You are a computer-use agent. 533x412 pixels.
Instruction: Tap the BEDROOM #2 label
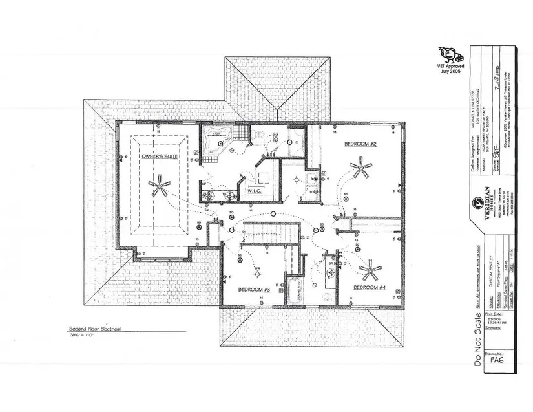[x=360, y=143]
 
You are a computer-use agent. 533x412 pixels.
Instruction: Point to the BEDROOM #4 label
[x=370, y=287]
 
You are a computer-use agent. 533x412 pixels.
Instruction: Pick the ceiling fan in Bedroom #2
[x=361, y=171]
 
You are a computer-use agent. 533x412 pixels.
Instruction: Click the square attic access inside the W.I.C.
[x=264, y=179]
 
